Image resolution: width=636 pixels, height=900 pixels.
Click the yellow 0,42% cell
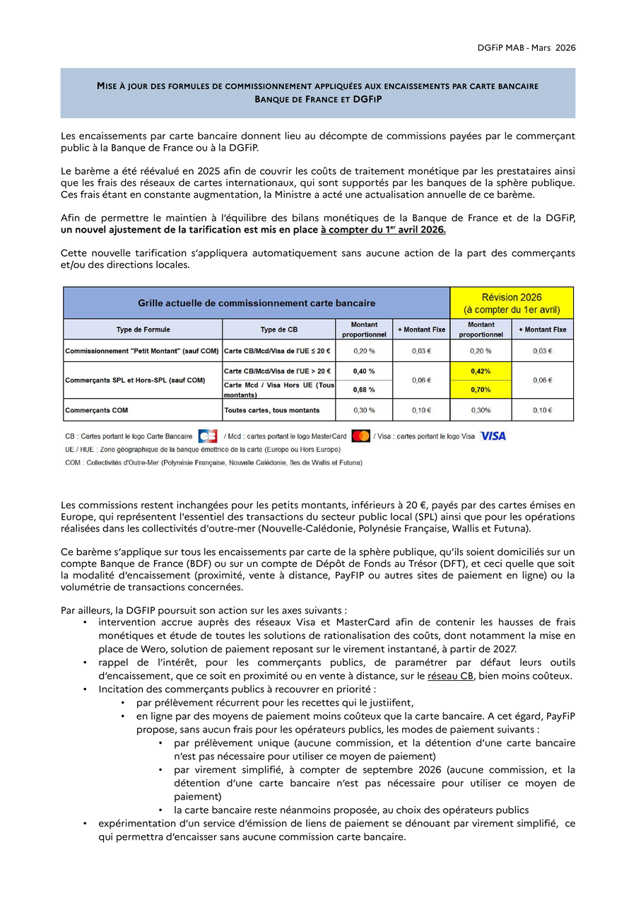pyautogui.click(x=481, y=370)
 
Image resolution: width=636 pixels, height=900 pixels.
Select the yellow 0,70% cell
pyautogui.click(x=481, y=390)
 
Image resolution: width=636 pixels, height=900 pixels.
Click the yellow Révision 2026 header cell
pyautogui.click(x=512, y=303)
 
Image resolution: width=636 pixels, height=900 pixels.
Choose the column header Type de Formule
pyautogui.click(x=143, y=329)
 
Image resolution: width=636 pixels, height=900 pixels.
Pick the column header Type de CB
pyautogui.click(x=278, y=329)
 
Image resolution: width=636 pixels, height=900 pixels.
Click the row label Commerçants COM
pyautogui.click(x=97, y=410)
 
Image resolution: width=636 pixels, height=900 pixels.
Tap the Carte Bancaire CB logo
pyautogui.click(x=208, y=436)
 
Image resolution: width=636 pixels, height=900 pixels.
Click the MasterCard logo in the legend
pyautogui.click(x=360, y=436)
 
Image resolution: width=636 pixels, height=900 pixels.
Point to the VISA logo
pyautogui.click(x=493, y=436)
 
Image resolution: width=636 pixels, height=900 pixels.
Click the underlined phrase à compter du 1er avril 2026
pyautogui.click(x=383, y=230)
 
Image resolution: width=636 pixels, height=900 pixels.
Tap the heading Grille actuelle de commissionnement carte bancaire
pyautogui.click(x=257, y=303)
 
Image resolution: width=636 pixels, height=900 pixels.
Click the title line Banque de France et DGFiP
pyautogui.click(x=317, y=100)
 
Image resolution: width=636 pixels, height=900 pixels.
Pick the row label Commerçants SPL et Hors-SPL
pyautogui.click(x=134, y=380)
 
